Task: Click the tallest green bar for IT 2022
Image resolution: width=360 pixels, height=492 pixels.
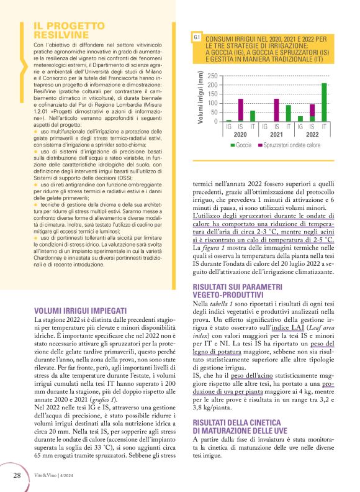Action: point(324,102)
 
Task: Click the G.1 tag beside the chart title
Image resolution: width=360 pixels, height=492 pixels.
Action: point(196,39)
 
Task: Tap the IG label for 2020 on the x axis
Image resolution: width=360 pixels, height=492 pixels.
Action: point(229,127)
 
